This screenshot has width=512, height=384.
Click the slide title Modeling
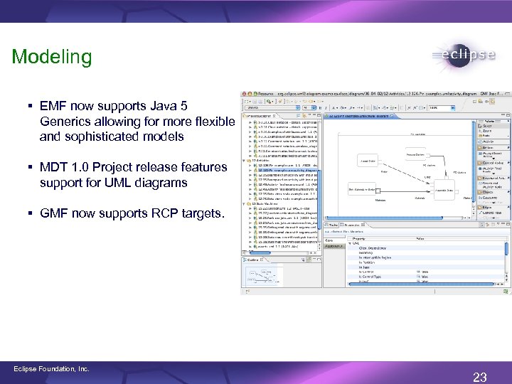tap(52, 57)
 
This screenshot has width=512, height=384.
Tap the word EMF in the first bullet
tap(54, 106)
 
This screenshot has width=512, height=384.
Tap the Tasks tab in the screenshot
tap(332, 225)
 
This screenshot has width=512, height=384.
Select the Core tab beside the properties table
tap(330, 240)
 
